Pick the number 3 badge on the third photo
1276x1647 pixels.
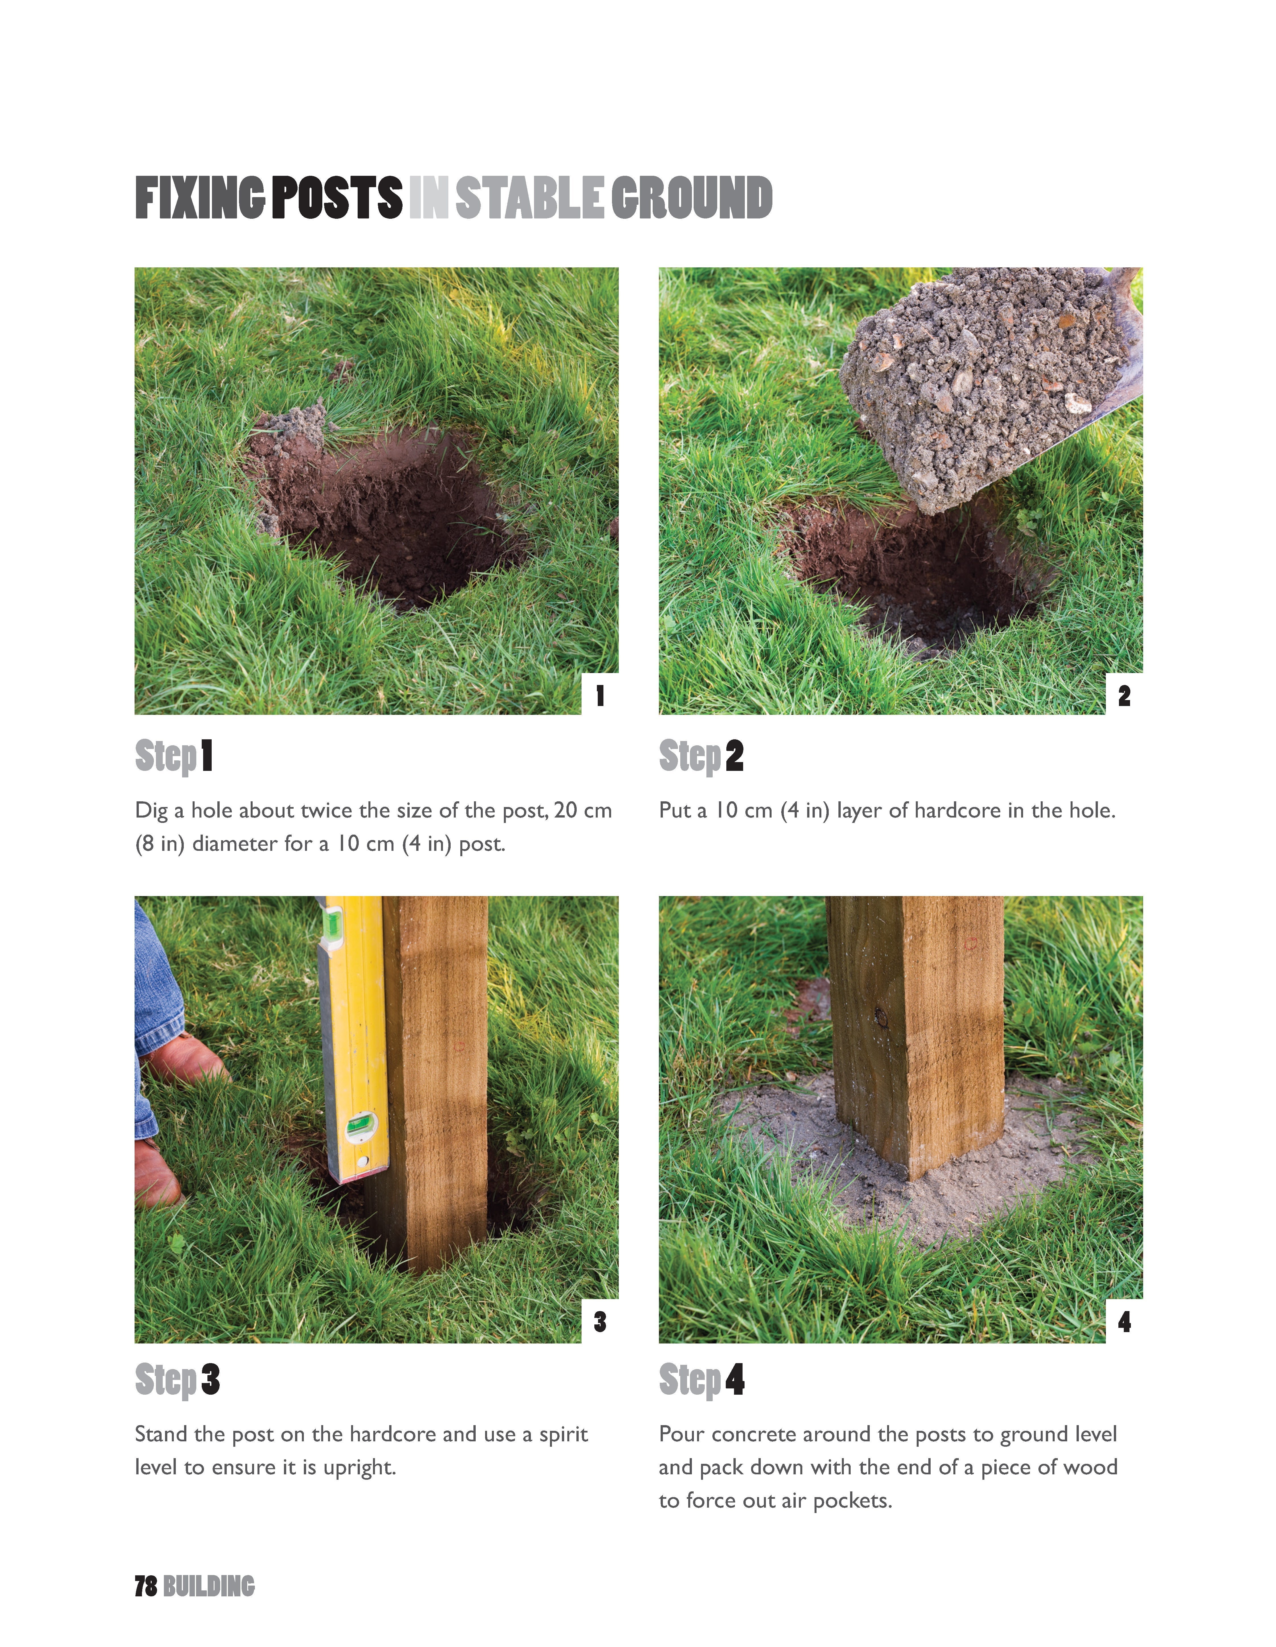(600, 1321)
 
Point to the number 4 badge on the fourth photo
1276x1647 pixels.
(1124, 1321)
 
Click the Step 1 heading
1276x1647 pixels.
(174, 756)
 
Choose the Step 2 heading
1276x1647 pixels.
(701, 756)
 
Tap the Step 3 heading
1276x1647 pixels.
(177, 1380)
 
